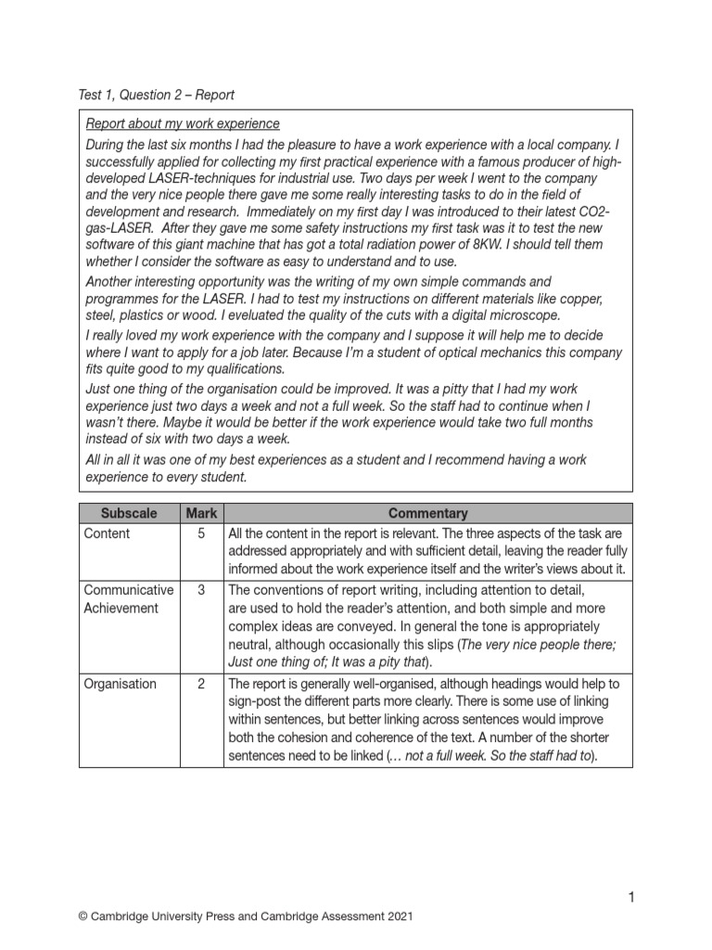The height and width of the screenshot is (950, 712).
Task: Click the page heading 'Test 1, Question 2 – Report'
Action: click(156, 95)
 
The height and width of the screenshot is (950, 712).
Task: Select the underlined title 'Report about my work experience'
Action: click(183, 124)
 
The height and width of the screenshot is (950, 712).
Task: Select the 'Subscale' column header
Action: click(129, 513)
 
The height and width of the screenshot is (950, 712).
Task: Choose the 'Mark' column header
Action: click(201, 513)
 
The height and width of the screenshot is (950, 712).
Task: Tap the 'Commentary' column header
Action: click(427, 513)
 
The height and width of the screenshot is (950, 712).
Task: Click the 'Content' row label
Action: click(108, 533)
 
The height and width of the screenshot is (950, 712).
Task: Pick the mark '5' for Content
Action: click(201, 533)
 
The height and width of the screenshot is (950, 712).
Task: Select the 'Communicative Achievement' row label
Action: click(128, 599)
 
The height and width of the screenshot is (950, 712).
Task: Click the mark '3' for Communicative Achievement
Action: click(201, 590)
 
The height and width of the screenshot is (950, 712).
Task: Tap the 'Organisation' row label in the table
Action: click(121, 684)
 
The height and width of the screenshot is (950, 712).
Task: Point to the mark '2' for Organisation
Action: click(201, 684)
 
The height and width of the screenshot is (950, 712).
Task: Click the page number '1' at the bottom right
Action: click(630, 896)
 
